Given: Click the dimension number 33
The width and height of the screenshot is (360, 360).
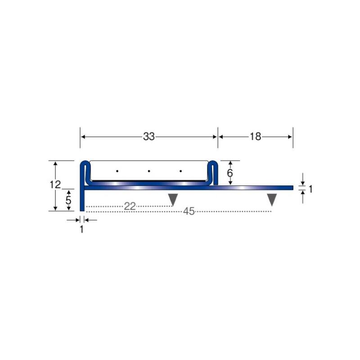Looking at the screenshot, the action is click(x=149, y=137).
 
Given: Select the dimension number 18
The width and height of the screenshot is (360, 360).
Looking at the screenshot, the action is click(x=255, y=137).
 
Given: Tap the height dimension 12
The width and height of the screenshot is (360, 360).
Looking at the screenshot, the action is click(x=55, y=184).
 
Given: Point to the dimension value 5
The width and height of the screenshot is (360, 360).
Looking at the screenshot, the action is click(x=68, y=200).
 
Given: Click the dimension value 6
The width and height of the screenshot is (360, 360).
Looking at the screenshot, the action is click(x=230, y=173).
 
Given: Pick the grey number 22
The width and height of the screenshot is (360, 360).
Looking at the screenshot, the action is click(x=130, y=206).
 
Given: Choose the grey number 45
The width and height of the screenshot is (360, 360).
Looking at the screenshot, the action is click(x=189, y=211).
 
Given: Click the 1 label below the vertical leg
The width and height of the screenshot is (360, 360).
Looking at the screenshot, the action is click(x=81, y=229).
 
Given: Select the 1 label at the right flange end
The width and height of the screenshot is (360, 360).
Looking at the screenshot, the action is click(x=310, y=189).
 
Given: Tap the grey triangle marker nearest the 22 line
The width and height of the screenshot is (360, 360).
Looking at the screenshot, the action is click(x=173, y=199).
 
